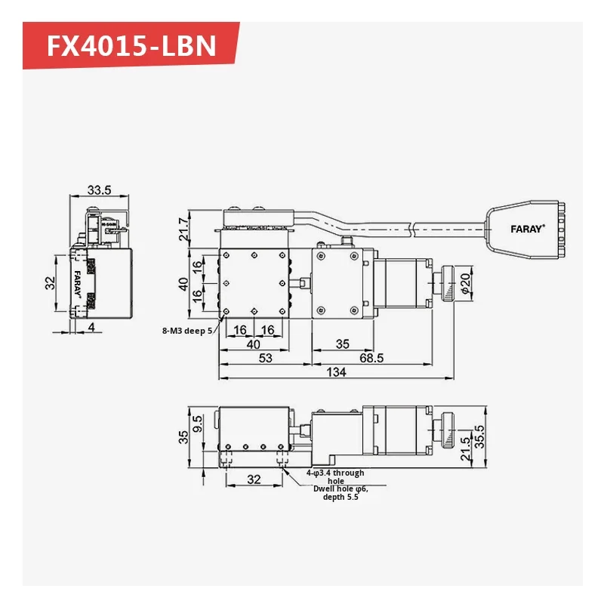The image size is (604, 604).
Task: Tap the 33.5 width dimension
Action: (98, 190)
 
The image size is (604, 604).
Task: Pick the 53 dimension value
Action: (264, 358)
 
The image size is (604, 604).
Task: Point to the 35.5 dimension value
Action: (477, 436)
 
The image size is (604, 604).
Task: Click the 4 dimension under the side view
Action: (91, 327)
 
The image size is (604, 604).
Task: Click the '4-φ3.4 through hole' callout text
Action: (335, 476)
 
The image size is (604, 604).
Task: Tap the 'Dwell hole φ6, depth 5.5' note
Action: (341, 493)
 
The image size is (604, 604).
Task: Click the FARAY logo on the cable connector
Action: (526, 228)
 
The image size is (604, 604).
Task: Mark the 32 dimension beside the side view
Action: (50, 283)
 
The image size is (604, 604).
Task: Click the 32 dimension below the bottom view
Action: (254, 479)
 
